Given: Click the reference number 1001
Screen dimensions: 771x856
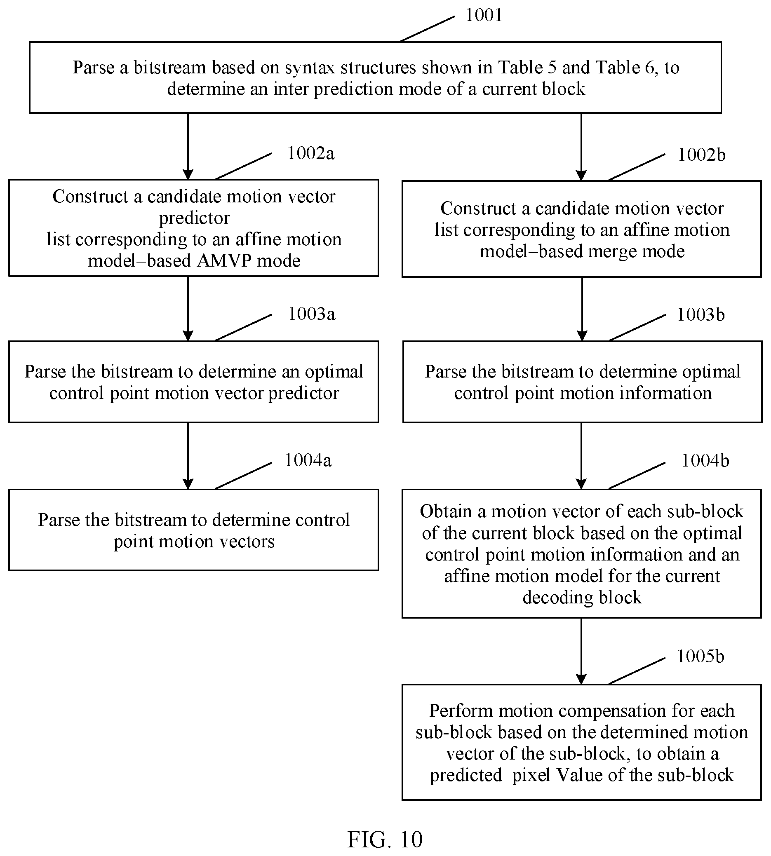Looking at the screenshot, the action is (x=484, y=15).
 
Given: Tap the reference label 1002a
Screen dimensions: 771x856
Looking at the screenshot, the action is (x=311, y=153).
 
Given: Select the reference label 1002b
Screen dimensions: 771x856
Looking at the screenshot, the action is (x=701, y=155).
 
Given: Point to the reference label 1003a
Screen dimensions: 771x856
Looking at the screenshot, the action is (x=312, y=314).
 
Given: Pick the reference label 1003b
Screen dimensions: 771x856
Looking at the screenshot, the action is (x=700, y=315).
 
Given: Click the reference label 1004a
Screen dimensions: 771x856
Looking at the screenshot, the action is (x=308, y=461).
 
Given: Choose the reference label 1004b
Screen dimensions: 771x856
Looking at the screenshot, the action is (x=705, y=461).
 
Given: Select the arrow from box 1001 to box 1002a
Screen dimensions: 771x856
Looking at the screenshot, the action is (x=188, y=146).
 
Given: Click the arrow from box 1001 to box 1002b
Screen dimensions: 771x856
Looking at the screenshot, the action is (x=581, y=147).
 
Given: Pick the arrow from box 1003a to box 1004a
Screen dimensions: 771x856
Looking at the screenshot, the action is (x=188, y=456).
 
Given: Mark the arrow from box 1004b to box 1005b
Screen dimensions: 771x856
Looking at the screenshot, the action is (x=581, y=651).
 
